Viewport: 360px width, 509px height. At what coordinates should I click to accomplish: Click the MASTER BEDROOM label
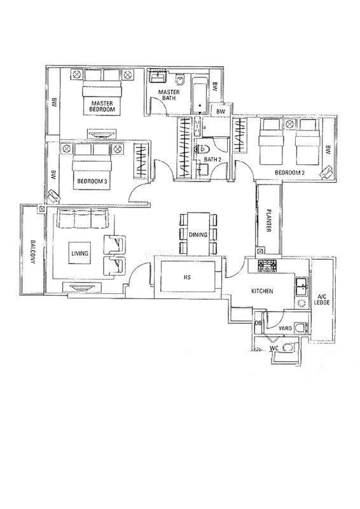(102, 106)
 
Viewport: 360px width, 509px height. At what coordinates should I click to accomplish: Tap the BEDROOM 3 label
(92, 181)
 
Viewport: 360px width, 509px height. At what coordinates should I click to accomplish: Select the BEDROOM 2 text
(290, 172)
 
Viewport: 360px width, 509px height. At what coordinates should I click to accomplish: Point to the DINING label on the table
(198, 234)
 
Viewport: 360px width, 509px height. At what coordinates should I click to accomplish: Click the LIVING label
(80, 253)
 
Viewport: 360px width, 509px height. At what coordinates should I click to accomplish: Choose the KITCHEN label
(262, 291)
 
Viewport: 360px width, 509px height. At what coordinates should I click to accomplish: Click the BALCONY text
(32, 252)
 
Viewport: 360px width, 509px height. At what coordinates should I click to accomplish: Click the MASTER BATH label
(169, 95)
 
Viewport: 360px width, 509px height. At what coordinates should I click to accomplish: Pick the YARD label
(285, 328)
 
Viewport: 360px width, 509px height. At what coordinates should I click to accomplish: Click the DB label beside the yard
(258, 323)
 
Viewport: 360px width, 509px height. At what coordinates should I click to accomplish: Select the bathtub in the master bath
(200, 96)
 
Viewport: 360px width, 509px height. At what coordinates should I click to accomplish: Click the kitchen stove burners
(267, 266)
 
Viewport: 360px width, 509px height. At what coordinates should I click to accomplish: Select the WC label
(274, 349)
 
